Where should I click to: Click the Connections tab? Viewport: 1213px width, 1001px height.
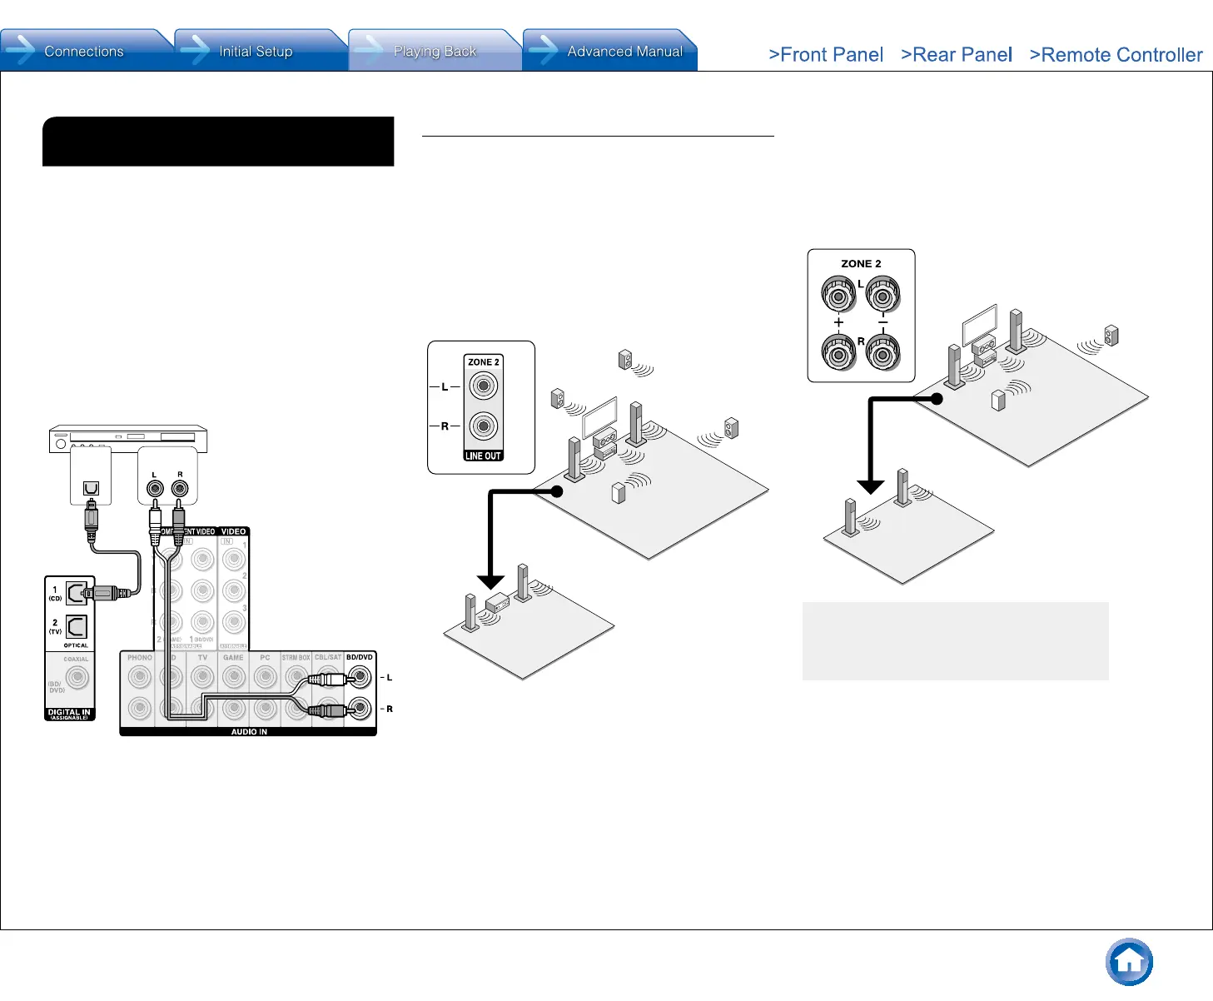click(83, 52)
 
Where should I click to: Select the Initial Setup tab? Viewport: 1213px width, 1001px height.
click(256, 52)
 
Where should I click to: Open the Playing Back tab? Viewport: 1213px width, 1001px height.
click(434, 52)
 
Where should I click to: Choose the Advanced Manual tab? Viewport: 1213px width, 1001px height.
click(624, 52)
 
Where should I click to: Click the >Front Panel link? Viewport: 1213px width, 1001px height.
click(826, 55)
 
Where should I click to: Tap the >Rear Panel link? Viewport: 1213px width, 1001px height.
click(957, 55)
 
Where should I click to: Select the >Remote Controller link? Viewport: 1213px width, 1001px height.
click(1116, 55)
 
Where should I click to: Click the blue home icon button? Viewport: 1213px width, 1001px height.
click(1129, 962)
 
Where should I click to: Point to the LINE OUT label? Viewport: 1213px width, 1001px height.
click(483, 456)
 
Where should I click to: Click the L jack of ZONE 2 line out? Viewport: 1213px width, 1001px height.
click(483, 386)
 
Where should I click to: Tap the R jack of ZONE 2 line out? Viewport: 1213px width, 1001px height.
click(483, 426)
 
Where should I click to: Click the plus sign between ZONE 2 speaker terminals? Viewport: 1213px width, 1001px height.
click(838, 323)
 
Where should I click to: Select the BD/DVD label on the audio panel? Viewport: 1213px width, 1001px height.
click(360, 658)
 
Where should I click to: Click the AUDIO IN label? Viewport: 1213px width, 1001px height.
click(249, 732)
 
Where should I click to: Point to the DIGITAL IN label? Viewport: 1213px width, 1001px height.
click(70, 713)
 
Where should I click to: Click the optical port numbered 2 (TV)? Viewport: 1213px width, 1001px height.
click(76, 625)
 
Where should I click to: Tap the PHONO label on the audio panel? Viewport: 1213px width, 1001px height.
click(140, 658)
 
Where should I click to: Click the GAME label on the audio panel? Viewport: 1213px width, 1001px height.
click(233, 658)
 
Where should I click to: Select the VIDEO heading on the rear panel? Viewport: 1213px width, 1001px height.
click(233, 531)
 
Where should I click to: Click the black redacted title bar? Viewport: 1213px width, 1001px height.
click(218, 142)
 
